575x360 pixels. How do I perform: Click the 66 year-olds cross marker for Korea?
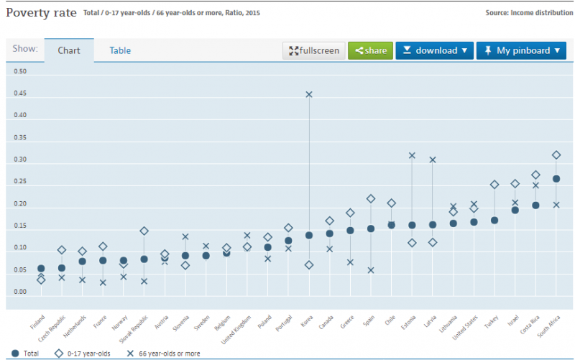click(x=309, y=94)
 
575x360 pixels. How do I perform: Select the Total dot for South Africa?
click(x=556, y=179)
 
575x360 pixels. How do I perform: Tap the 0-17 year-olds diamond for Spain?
click(x=371, y=199)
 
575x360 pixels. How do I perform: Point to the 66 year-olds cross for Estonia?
click(x=412, y=155)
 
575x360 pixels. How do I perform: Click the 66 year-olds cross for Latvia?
click(x=433, y=160)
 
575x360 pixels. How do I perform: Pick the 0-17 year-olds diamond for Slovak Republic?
click(x=144, y=231)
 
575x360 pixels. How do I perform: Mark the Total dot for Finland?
click(x=41, y=269)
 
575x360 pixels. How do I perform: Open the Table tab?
click(x=120, y=50)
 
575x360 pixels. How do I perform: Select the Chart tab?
click(x=69, y=50)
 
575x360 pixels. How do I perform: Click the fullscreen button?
click(x=314, y=50)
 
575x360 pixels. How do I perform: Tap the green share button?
click(x=369, y=50)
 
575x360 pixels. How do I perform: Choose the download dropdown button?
click(x=434, y=50)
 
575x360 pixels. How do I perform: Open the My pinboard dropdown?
click(x=521, y=50)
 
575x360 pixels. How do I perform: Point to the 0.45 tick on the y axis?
click(x=20, y=93)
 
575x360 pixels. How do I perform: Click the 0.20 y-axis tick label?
click(x=20, y=204)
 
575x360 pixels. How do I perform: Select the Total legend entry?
click(x=27, y=353)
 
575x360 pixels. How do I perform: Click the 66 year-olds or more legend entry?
click(x=165, y=353)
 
